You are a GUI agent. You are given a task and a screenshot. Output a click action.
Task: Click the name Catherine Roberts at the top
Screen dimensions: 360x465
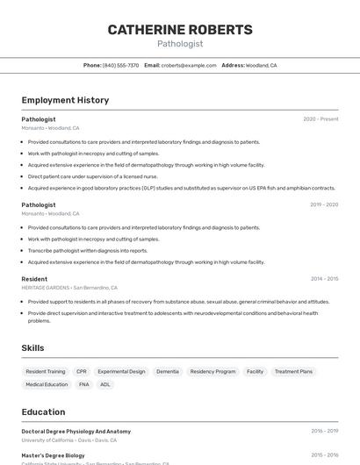click(x=180, y=30)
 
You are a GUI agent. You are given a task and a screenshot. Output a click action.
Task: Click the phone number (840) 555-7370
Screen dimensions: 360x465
click(x=120, y=65)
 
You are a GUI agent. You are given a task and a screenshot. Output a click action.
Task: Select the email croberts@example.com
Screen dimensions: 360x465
click(x=189, y=65)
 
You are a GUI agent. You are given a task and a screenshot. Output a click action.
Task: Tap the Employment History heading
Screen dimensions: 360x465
click(x=65, y=100)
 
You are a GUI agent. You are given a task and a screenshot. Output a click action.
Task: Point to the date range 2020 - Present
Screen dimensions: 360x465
click(x=320, y=119)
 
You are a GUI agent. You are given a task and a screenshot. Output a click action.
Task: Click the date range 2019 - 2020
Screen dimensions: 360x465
click(x=324, y=204)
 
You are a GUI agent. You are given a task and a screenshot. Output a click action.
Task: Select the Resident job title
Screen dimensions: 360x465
click(x=34, y=279)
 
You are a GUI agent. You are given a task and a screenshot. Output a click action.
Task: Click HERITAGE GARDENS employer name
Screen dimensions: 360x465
click(x=45, y=288)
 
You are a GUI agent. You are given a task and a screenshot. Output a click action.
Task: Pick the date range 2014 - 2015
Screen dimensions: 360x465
click(x=324, y=279)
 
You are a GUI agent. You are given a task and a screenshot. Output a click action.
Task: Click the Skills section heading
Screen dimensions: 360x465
click(x=33, y=348)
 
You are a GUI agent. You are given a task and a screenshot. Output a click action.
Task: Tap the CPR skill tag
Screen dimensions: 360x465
click(x=82, y=371)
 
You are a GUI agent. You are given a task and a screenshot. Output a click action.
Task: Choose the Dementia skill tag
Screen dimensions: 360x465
click(x=168, y=371)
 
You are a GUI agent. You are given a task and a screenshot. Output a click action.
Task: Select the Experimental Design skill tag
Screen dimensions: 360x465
click(x=121, y=371)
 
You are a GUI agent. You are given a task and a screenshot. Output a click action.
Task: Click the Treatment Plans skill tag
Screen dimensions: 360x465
click(x=293, y=371)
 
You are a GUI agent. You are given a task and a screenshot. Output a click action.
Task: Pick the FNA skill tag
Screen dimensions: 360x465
click(x=84, y=384)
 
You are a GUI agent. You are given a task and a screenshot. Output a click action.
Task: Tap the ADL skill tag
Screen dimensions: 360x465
click(x=105, y=384)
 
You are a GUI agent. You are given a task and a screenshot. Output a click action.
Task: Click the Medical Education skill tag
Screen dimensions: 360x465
click(x=47, y=384)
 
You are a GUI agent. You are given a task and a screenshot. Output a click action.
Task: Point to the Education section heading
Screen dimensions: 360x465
click(x=43, y=411)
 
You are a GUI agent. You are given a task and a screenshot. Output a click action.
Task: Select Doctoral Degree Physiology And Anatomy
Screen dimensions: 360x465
click(x=76, y=432)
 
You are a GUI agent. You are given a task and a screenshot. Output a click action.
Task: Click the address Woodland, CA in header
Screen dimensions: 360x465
click(x=261, y=65)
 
